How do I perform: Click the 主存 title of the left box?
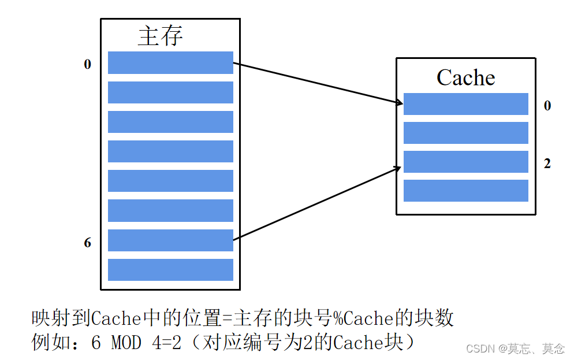[x=160, y=36]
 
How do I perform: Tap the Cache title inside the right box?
[x=465, y=77]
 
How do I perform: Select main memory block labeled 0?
[x=170, y=63]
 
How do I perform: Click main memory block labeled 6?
[x=170, y=240]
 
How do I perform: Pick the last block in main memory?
[x=170, y=270]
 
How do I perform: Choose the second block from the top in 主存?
[x=170, y=92]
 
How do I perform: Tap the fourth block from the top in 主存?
[x=170, y=151]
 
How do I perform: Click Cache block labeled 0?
[x=465, y=104]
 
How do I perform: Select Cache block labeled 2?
[x=465, y=162]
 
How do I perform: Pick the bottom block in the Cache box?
[x=465, y=191]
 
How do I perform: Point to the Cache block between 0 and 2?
[x=465, y=133]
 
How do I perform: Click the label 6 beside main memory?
[x=88, y=243]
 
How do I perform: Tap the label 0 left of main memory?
[x=88, y=64]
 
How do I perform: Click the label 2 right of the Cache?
[x=547, y=164]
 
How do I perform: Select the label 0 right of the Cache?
[x=547, y=106]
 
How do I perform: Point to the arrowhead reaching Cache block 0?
[x=399, y=103]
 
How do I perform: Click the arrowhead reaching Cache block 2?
[x=398, y=168]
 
